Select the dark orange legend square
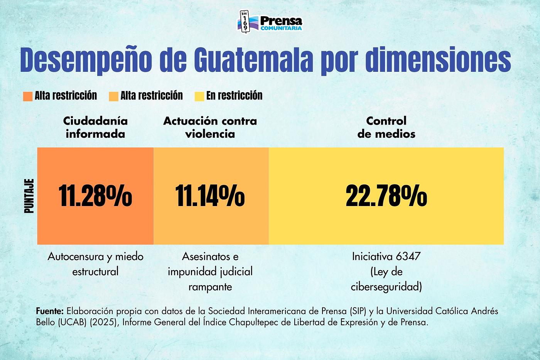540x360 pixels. (x=27, y=96)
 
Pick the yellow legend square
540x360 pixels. (x=199, y=96)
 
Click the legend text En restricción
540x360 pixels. (x=234, y=96)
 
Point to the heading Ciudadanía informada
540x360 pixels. (x=95, y=127)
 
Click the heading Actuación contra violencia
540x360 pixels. (x=210, y=127)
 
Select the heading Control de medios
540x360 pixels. (x=386, y=127)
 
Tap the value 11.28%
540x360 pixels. (x=95, y=196)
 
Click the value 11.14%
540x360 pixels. (x=210, y=196)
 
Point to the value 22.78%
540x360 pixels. (x=386, y=196)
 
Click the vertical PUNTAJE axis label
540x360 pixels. (x=29, y=196)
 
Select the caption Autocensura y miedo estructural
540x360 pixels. (x=95, y=264)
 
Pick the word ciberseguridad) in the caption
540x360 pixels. (x=386, y=287)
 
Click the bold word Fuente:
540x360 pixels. (x=50, y=311)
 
